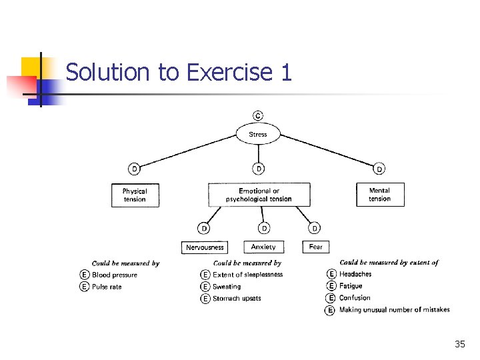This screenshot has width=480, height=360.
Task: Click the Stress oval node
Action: point(258,134)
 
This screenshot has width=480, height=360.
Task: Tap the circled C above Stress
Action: point(258,115)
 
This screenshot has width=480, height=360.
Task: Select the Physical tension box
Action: point(135,195)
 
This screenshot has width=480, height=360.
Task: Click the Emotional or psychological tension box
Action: point(259,195)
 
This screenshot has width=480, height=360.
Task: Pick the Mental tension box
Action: point(380,194)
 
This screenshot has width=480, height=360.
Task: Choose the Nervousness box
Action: point(205,247)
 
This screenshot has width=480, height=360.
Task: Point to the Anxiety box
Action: point(263,247)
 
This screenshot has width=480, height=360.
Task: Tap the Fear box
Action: point(316,247)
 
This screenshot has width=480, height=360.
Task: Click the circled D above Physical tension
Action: point(135,169)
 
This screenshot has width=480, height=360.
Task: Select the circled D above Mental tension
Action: point(379,169)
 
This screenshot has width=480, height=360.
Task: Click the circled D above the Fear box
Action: point(315,228)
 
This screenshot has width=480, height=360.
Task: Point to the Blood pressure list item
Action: point(115,275)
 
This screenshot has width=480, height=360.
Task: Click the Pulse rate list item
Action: point(107,287)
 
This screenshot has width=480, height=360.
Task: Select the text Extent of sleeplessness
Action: point(247,275)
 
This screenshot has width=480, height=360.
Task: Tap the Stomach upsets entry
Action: point(237,299)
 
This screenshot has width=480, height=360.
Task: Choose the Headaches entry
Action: point(355,274)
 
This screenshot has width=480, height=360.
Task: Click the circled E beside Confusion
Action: point(331,298)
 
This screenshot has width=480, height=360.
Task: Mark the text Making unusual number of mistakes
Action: point(394,310)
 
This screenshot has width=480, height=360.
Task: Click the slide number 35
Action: point(459,344)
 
